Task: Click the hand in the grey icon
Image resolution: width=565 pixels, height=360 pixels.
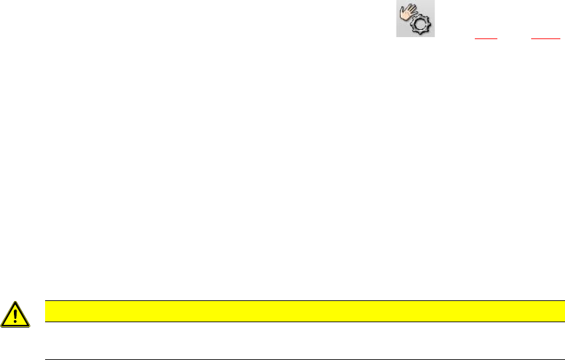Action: point(407,13)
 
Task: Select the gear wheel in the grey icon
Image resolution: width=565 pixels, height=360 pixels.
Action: point(420,25)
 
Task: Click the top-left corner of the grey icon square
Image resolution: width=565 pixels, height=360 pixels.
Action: point(397,1)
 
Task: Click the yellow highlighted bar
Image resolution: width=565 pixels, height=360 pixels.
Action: point(299,311)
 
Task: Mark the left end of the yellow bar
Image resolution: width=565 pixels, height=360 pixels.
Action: point(44,311)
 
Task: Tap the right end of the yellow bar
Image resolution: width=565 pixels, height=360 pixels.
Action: point(554,311)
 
